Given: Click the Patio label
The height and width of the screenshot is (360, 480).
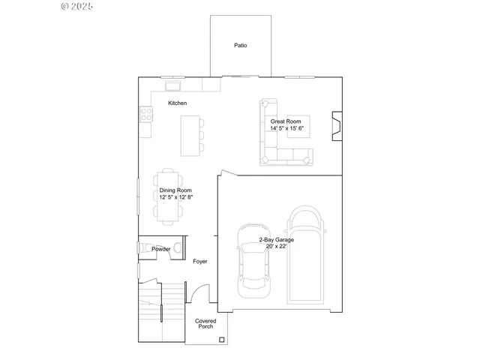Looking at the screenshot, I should [240, 46].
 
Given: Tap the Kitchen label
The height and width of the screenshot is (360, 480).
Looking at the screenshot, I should [178, 103].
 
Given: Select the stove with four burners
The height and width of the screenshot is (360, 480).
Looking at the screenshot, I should [145, 114].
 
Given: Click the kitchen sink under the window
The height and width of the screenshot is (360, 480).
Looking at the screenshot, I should [172, 85].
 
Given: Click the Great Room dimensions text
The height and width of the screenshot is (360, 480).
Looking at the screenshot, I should [286, 128].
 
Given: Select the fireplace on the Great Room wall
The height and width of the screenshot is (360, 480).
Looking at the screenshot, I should [337, 127].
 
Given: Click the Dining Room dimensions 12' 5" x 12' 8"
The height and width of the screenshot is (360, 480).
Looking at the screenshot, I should [176, 197].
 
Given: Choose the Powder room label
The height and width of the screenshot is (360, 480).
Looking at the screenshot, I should [160, 249].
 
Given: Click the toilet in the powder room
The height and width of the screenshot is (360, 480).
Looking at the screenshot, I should [177, 247].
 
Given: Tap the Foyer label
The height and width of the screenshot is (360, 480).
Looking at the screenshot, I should [200, 262].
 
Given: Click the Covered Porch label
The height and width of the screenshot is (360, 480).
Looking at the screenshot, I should [206, 324].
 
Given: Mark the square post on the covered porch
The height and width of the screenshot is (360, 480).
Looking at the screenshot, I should [221, 340].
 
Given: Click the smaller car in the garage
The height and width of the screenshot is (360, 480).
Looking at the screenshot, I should [253, 259].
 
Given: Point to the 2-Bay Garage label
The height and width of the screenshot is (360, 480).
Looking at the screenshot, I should [277, 243].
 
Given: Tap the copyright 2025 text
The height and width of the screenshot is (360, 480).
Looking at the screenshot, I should [76, 6].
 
